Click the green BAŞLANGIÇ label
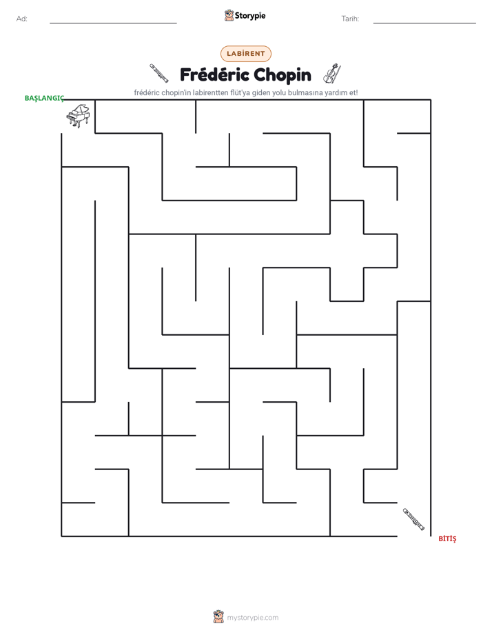tap(44, 99)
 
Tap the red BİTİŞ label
tap(447, 538)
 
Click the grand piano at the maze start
tap(79, 116)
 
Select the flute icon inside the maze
tap(413, 519)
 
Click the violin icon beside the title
tap(332, 73)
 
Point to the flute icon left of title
tap(158, 73)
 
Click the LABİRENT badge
tap(245, 54)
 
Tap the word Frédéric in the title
tap(214, 74)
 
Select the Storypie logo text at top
tap(250, 16)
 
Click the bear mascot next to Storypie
tap(229, 15)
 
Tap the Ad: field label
tap(22, 19)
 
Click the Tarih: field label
tap(350, 19)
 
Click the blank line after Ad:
tap(113, 23)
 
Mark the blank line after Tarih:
tap(424, 23)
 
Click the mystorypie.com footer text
tap(252, 618)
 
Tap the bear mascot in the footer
tap(218, 617)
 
